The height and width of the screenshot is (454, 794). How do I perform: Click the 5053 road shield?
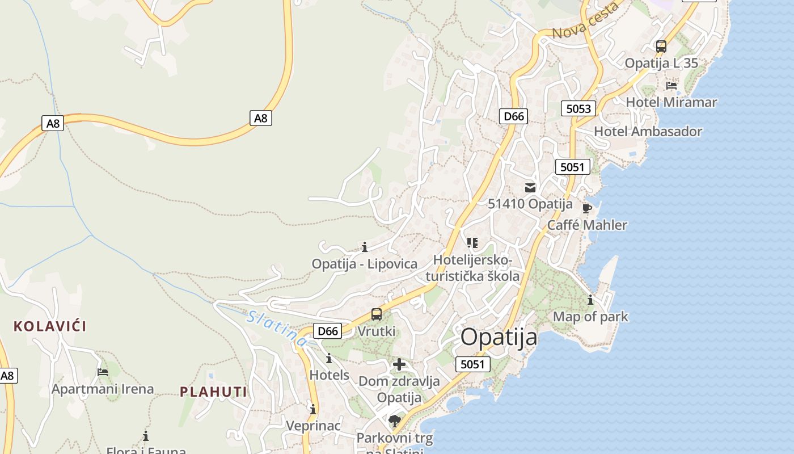[x=578, y=108]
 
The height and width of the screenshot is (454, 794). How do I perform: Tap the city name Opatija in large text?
[x=499, y=337]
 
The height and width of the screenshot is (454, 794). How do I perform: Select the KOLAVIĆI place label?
[x=50, y=326]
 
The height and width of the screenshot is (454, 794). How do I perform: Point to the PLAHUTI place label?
[x=214, y=392]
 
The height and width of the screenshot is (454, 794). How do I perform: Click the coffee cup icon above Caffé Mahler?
[x=587, y=209]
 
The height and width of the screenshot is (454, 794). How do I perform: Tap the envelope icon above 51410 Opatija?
[x=530, y=188]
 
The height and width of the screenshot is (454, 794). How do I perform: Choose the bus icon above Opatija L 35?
[x=661, y=47]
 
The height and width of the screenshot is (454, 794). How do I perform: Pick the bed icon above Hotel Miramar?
[x=671, y=86]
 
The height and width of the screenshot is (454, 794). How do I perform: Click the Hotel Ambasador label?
[x=648, y=132]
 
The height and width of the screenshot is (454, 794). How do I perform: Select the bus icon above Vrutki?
[x=377, y=314]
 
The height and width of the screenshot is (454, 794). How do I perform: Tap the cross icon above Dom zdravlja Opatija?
[x=399, y=364]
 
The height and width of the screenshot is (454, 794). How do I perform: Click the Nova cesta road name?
[x=585, y=22]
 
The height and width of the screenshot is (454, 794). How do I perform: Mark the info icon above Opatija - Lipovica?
[x=365, y=247]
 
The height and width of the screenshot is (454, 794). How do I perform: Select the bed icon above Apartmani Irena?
[x=103, y=372]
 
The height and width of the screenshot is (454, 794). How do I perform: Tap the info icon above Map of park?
[x=590, y=300]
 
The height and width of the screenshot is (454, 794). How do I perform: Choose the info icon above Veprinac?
[x=313, y=409]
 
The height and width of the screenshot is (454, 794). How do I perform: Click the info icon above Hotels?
[x=329, y=359]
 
